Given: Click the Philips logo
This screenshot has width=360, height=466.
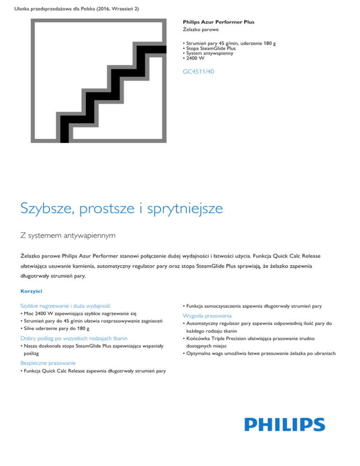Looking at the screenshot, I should point(285,425).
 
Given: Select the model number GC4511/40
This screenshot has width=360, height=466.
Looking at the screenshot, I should point(199,72).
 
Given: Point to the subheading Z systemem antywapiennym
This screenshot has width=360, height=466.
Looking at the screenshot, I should point(68,234).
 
